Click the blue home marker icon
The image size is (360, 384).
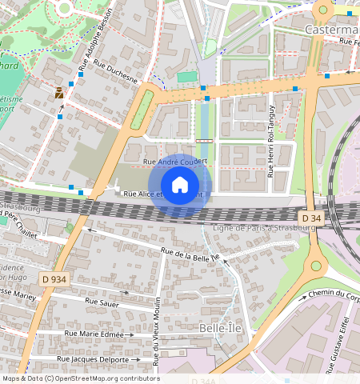[x=180, y=185]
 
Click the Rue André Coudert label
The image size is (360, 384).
[x=174, y=162]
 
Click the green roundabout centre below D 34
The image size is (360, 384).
[x=317, y=266]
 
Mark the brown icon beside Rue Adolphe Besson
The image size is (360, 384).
[x=59, y=93]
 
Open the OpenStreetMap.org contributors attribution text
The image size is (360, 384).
[x=109, y=378]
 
